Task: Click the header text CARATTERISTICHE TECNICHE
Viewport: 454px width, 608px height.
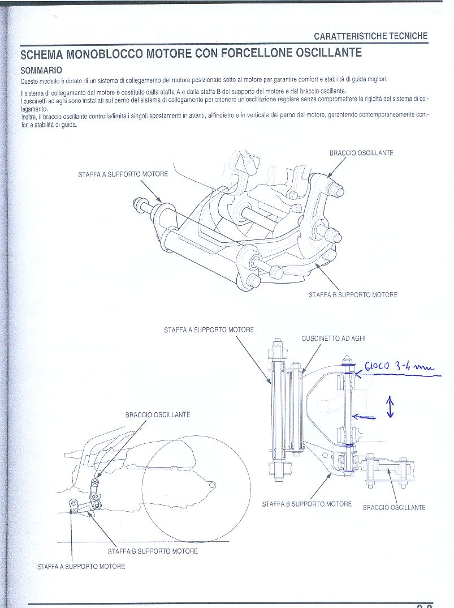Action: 371,36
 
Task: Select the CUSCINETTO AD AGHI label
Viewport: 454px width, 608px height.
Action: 334,339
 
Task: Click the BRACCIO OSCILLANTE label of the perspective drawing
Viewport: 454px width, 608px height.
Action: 361,153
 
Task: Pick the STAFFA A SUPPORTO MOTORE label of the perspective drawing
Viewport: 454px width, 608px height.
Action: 123,174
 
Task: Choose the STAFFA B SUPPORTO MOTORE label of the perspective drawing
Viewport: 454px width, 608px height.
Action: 353,295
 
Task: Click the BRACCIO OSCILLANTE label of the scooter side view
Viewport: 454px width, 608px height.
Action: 158,415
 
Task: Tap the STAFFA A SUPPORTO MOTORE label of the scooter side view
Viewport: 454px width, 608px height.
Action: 81,566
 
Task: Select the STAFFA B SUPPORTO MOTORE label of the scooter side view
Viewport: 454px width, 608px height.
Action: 153,551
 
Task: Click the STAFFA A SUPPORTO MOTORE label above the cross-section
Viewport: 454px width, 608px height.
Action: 209,329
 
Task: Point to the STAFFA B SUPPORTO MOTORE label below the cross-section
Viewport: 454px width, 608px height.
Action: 306,504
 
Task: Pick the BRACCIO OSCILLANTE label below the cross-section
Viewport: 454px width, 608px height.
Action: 394,507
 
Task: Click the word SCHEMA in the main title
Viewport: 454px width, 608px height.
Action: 42,55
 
